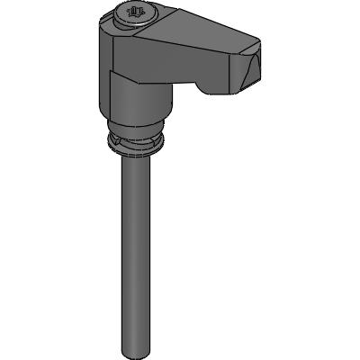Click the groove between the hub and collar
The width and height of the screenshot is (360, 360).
point(134,132)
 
